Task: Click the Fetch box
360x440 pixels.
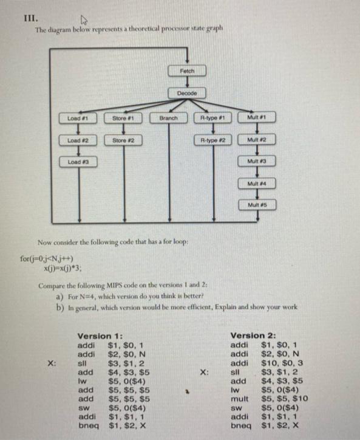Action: (188, 71)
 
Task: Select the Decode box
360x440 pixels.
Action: (188, 92)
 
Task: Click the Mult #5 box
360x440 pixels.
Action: (258, 205)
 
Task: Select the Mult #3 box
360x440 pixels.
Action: (258, 162)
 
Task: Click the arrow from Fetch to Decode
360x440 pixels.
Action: (188, 81)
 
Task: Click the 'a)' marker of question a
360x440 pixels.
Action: (59, 297)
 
